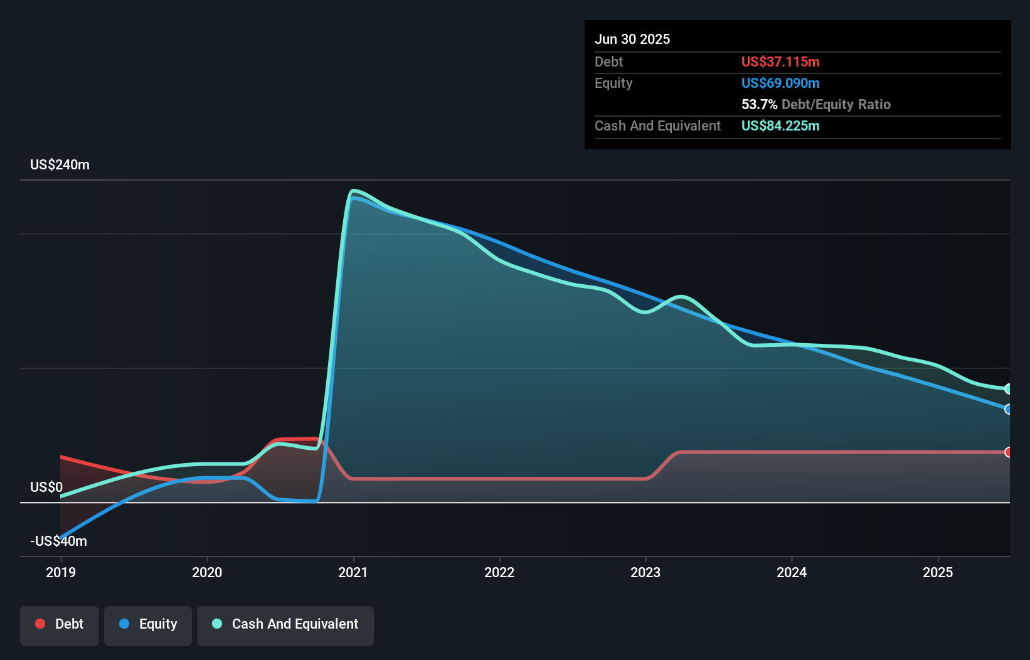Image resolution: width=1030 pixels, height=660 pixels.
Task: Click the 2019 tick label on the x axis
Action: point(61,572)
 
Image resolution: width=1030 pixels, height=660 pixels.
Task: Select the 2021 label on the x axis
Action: point(353,572)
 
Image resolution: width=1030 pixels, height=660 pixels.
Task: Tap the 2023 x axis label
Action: point(645,572)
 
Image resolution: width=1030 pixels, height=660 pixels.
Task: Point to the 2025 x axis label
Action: point(938,572)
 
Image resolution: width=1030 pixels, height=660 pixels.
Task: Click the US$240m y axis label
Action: point(60,165)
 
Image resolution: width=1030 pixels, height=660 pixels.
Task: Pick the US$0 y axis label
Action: point(46,487)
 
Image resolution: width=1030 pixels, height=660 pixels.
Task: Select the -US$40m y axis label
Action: point(58,541)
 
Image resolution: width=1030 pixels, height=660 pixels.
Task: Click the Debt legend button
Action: point(60,624)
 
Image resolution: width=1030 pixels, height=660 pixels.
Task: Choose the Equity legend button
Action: point(148,624)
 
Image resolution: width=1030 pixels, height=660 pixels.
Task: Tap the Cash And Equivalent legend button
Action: point(285,624)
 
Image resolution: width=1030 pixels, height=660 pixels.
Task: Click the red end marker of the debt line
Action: point(1008,452)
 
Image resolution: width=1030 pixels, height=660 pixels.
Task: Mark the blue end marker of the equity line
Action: point(1008,409)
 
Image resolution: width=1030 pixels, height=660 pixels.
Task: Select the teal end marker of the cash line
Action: point(1008,389)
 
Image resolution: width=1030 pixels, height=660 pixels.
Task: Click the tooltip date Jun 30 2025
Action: point(632,40)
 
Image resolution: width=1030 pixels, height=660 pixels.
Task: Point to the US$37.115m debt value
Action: point(780,62)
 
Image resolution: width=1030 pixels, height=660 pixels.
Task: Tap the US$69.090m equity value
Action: point(780,83)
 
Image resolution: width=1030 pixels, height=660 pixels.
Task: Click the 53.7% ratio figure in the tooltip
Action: point(759,105)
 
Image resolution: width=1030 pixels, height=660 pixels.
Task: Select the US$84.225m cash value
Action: point(780,126)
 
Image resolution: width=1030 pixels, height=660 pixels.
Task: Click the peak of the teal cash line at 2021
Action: point(354,191)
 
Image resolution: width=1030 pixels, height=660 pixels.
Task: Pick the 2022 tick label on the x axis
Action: point(499,572)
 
